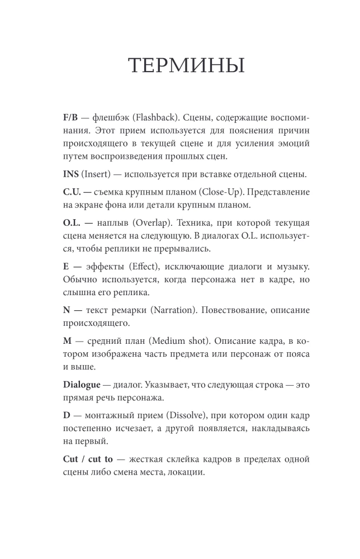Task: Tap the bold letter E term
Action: pos(67,266)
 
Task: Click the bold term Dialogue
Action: pos(84,383)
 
